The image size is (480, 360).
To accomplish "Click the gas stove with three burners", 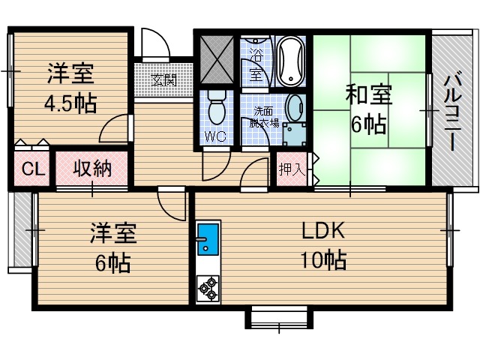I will coord(207,287).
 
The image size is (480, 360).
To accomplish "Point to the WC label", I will coord(217,136).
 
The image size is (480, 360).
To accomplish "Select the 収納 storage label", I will coord(91,168).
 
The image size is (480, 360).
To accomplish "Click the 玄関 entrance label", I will coord(163,79).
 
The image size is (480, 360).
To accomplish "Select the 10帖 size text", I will coord(323,261).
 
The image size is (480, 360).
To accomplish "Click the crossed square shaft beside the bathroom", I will coord(217,58).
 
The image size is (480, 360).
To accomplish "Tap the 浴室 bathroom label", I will coord(256,66).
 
